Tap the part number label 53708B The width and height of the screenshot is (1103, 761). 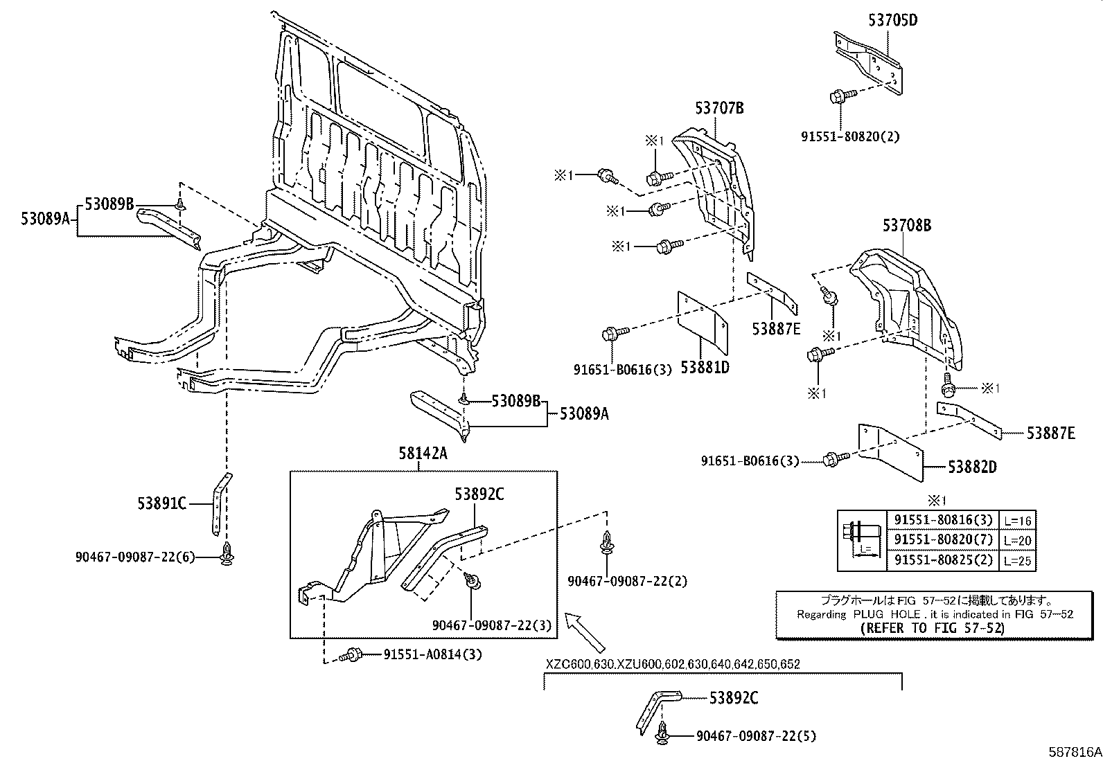(x=906, y=225)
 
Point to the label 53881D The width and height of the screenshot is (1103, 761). (x=705, y=368)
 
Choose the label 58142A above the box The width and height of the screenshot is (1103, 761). (x=423, y=454)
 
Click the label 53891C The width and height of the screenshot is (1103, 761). (x=161, y=503)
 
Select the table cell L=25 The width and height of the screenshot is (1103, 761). (x=1017, y=560)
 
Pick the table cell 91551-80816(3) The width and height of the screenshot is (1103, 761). (x=942, y=520)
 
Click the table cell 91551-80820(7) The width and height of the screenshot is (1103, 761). (x=942, y=539)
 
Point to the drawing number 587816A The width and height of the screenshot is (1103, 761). (x=1073, y=751)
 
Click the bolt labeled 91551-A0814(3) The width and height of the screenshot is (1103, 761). (x=353, y=654)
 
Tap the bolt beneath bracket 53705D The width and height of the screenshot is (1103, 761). (x=839, y=96)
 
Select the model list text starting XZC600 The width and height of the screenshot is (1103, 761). (x=672, y=664)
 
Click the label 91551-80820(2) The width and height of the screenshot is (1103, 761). (x=850, y=136)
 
